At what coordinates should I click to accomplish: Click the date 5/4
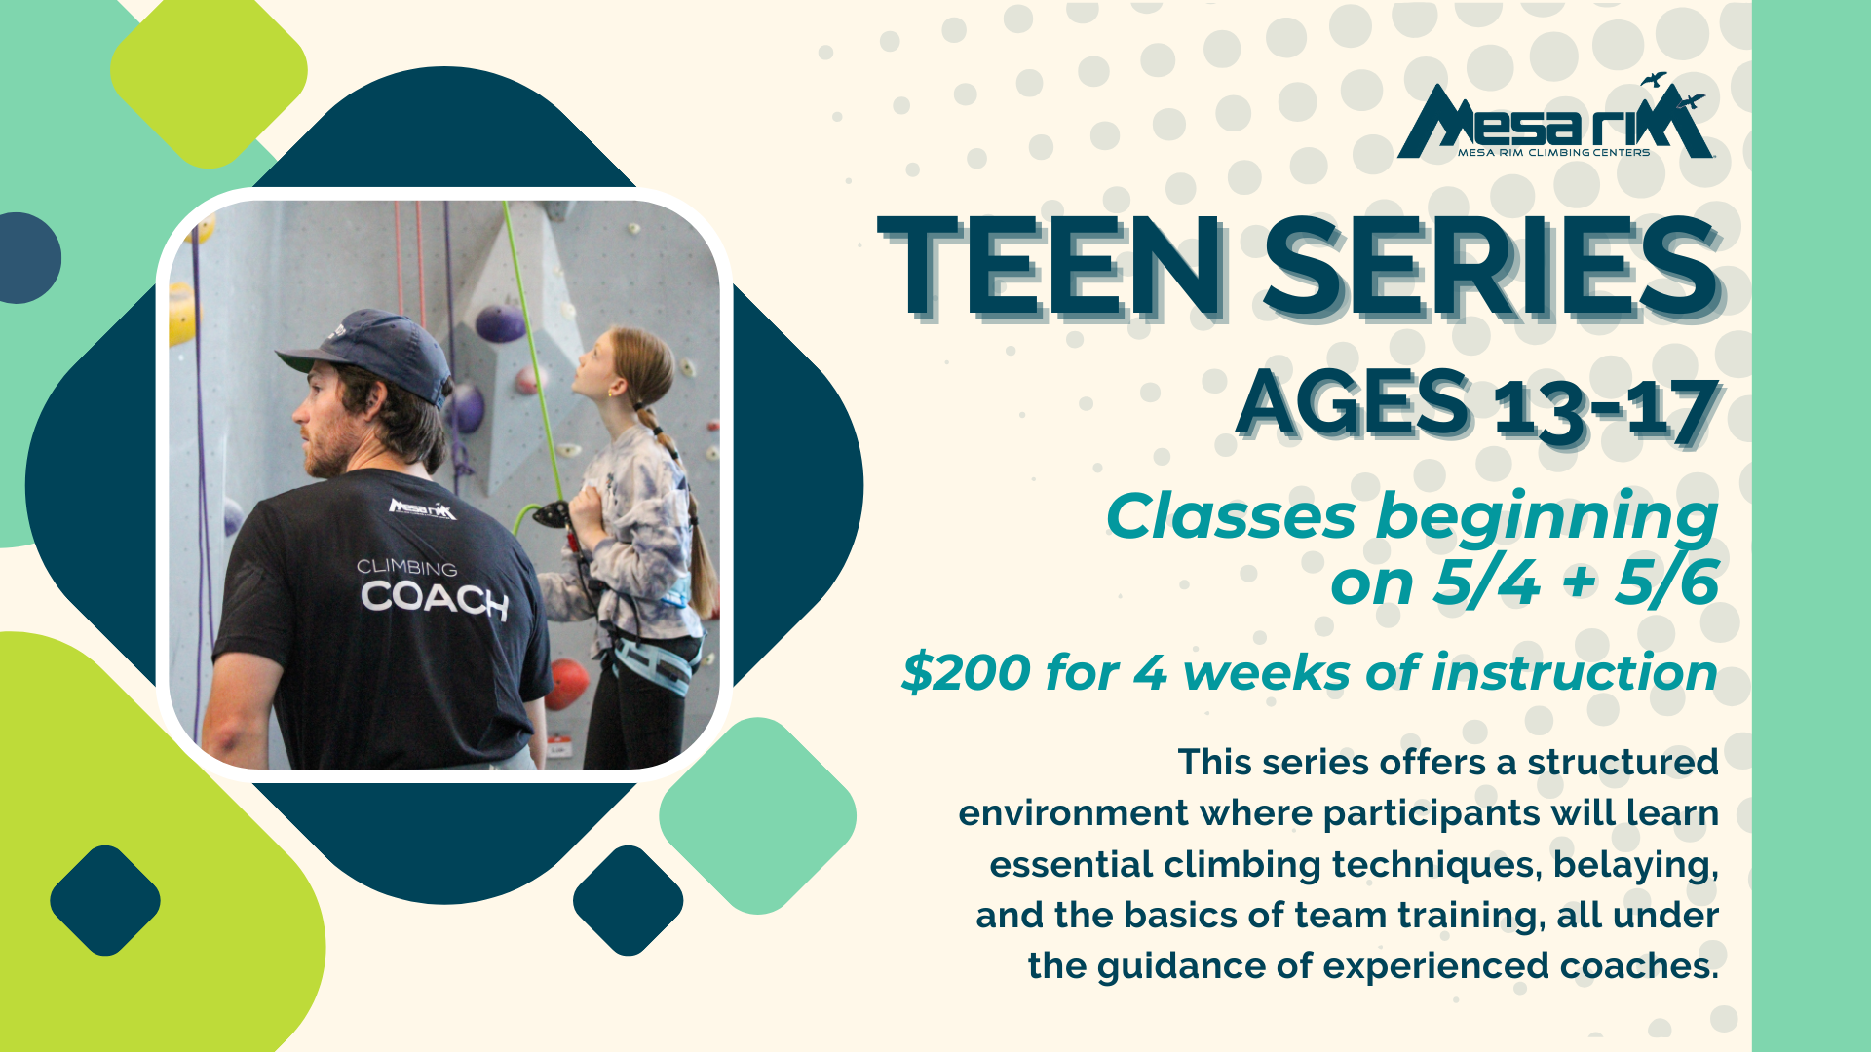1486,582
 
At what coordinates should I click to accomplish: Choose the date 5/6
1666,582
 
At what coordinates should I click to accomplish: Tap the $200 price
966,672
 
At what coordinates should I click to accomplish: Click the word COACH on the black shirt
435,598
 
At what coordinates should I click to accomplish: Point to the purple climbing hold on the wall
499,323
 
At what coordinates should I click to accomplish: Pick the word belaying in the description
1635,865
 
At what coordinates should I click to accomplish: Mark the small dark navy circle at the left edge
27,258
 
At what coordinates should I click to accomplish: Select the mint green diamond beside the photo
757,816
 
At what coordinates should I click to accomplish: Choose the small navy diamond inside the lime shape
105,900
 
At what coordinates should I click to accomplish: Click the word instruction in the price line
1574,672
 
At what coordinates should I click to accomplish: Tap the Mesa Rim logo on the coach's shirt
422,508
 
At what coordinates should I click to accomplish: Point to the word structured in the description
1623,762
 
